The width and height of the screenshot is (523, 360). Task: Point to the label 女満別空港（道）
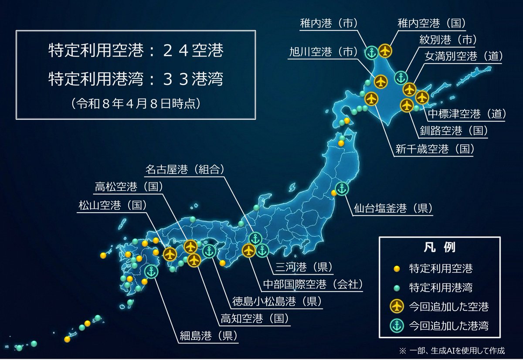pyautogui.click(x=464, y=57)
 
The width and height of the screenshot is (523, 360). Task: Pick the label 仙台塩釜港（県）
pyautogui.click(x=393, y=208)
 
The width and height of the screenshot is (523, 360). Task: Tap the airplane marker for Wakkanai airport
pyautogui.click(x=385, y=51)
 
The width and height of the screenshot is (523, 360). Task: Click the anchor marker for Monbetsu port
pyautogui.click(x=401, y=78)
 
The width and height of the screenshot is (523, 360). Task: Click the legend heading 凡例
pyautogui.click(x=439, y=248)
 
